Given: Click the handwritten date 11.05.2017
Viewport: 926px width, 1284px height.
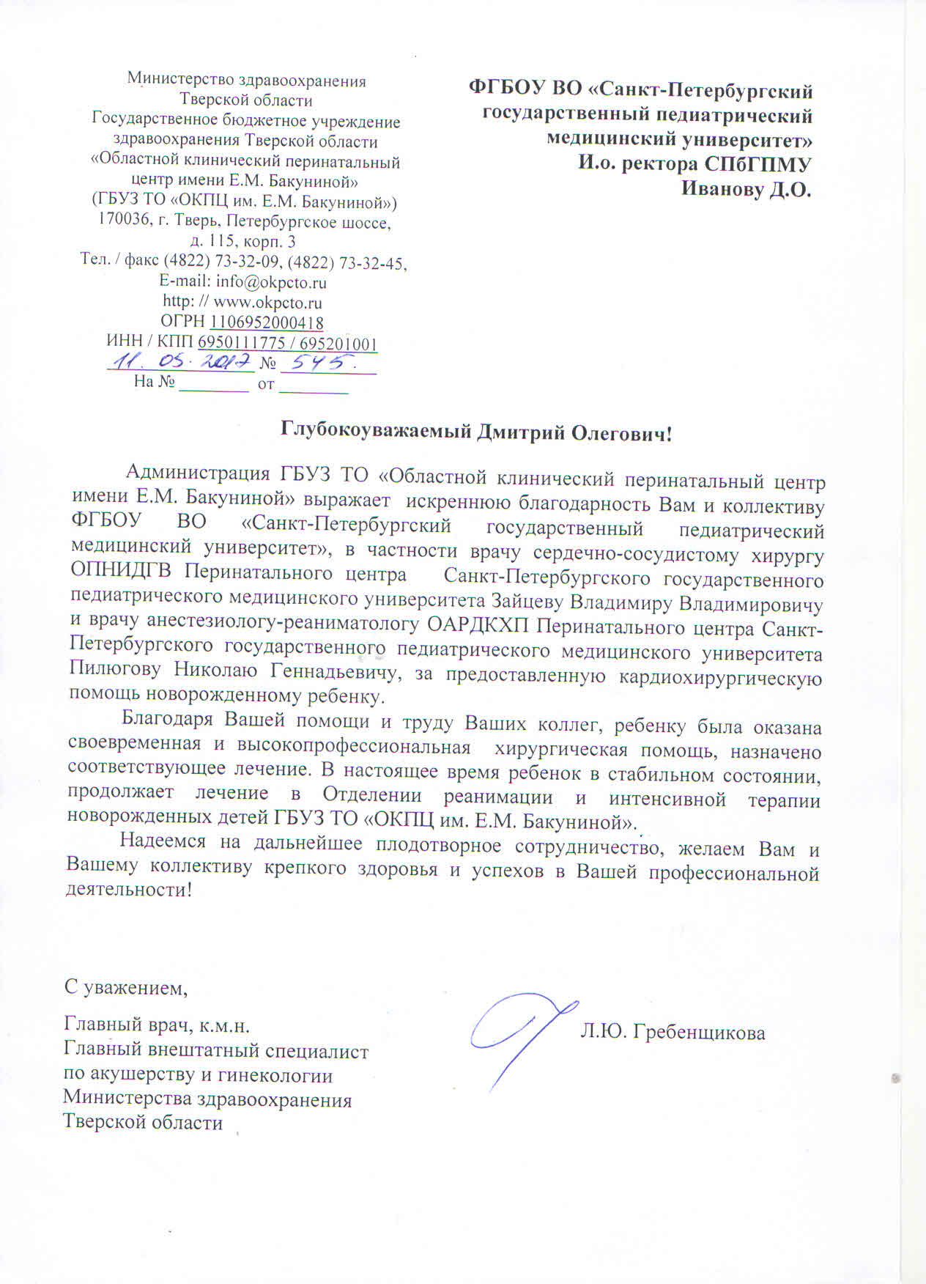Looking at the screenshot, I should tap(181, 362).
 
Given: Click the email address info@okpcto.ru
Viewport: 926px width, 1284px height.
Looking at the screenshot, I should tap(271, 282).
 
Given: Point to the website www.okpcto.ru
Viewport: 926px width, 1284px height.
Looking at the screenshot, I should tap(267, 302).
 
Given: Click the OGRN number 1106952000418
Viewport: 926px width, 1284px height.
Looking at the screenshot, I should tap(267, 322).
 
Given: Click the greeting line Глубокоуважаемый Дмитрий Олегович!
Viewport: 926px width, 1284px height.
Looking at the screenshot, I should tap(477, 432).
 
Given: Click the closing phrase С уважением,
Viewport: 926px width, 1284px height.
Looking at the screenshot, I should tap(126, 988).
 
